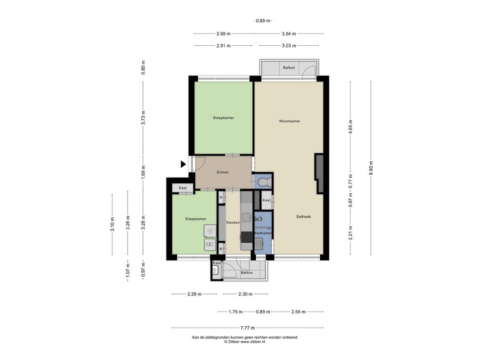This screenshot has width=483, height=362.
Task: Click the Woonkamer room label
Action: (x=290, y=121)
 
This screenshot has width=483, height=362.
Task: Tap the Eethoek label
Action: (x=304, y=217)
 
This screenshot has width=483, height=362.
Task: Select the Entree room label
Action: (x=223, y=173)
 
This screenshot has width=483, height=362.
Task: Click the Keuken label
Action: (x=233, y=222)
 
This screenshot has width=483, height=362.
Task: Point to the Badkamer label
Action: (x=263, y=233)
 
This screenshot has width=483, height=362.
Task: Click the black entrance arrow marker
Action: (x=183, y=165)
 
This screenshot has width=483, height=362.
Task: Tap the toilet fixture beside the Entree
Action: (x=264, y=182)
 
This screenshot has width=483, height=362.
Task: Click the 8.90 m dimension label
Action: (x=371, y=168)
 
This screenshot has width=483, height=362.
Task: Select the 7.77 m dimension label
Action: (x=248, y=328)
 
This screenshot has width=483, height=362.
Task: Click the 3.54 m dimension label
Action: (x=289, y=34)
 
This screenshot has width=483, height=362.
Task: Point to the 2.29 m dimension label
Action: (x=194, y=294)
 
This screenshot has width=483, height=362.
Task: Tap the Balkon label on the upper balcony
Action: (x=289, y=68)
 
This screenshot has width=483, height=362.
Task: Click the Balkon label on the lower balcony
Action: (x=247, y=273)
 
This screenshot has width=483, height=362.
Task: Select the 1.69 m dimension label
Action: (x=143, y=173)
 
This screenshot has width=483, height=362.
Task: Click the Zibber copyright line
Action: (x=245, y=342)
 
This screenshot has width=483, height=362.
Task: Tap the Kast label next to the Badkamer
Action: (x=266, y=200)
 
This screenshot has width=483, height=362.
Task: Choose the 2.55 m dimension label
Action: (x=299, y=312)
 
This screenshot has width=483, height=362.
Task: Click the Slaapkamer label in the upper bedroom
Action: (x=223, y=118)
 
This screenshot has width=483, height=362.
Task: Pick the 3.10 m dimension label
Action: (x=112, y=224)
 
